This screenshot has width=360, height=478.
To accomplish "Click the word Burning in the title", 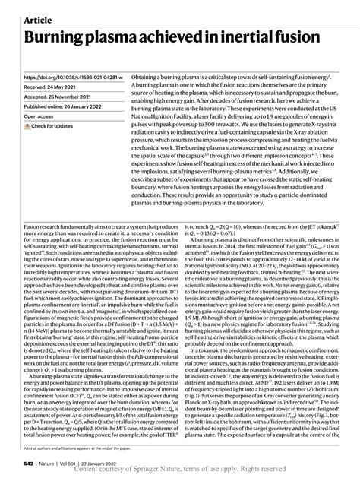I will pyautogui.click(x=55, y=38).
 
